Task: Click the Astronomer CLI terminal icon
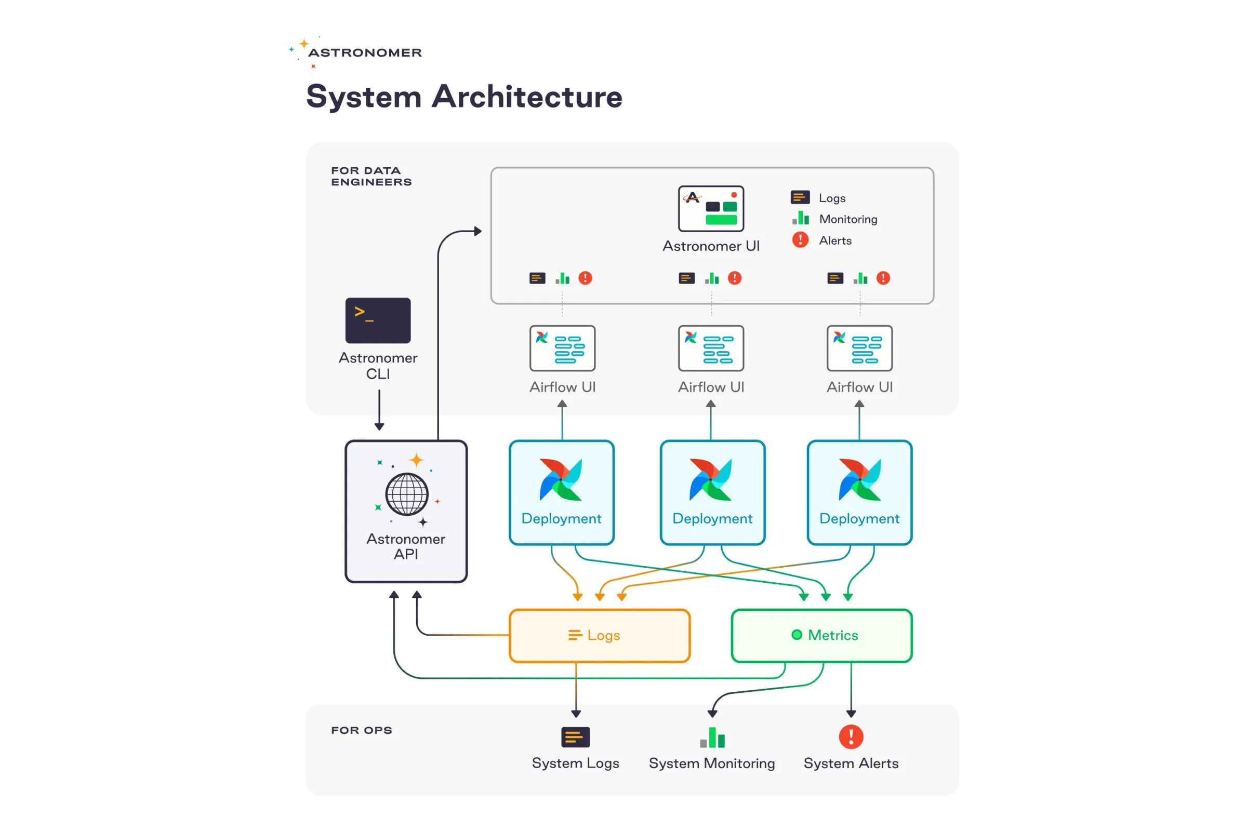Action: click(x=378, y=320)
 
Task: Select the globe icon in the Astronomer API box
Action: click(x=407, y=494)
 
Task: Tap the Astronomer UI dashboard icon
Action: click(x=710, y=208)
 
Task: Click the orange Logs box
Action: click(x=599, y=635)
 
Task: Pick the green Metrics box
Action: click(x=821, y=635)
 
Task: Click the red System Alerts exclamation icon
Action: click(x=851, y=736)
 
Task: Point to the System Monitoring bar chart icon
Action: click(x=711, y=737)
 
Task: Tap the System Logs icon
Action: click(x=575, y=736)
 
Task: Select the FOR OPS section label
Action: click(x=362, y=730)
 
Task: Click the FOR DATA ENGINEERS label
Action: click(x=371, y=177)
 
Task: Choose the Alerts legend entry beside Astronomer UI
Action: click(x=834, y=240)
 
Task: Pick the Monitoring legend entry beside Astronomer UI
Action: click(x=847, y=219)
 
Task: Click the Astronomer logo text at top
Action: click(x=365, y=53)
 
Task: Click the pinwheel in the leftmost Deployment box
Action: click(x=561, y=479)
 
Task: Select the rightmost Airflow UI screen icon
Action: click(x=859, y=348)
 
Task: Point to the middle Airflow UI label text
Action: click(x=710, y=387)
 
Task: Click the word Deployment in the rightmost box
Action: click(x=859, y=518)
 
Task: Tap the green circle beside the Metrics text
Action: click(x=797, y=634)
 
